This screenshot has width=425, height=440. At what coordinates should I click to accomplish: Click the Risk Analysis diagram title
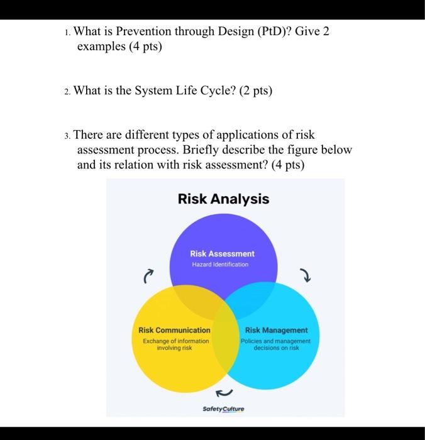223,199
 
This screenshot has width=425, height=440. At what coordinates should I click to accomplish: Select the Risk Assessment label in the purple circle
223,253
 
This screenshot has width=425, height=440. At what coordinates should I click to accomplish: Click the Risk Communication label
174,330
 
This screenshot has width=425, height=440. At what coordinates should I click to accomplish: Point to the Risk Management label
277,330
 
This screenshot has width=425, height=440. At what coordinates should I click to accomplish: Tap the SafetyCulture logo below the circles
223,408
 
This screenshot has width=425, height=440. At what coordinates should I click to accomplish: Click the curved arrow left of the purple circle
148,275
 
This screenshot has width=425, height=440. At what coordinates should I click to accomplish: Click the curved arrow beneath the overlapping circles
223,393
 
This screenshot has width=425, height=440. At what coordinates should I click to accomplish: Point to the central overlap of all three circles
223,311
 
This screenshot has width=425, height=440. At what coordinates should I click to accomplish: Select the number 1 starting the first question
67,33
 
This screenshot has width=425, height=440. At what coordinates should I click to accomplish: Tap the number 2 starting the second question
67,91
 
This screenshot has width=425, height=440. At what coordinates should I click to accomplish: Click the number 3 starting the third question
67,136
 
